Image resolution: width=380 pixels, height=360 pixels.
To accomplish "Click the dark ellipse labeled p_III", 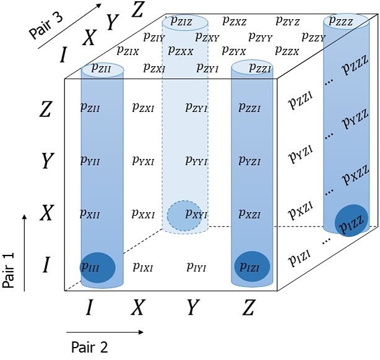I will (98, 267).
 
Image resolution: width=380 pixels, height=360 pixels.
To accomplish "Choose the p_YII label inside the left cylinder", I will (92, 161).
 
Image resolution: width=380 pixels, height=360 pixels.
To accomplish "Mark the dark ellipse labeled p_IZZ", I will (351, 221).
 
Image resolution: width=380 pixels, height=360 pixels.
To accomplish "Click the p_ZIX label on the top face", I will (127, 51).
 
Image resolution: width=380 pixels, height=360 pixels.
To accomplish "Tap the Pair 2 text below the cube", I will (90, 346).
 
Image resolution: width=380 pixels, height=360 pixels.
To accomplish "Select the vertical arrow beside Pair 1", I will (24, 251).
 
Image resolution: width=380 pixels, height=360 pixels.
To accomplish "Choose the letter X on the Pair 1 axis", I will (45, 214).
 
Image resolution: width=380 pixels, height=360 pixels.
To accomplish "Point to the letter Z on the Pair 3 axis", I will (139, 9).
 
